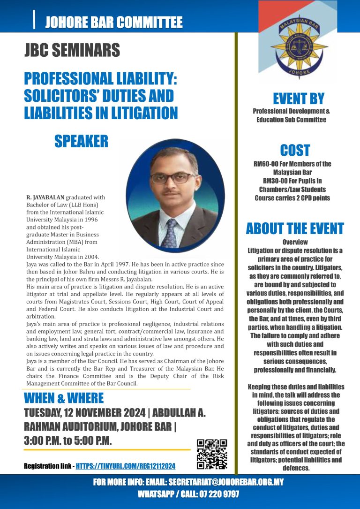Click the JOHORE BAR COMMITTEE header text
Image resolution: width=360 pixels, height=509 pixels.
[113, 22]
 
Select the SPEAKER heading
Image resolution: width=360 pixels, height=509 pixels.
[81, 141]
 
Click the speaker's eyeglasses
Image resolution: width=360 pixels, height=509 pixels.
[173, 178]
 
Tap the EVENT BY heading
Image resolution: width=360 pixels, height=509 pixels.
[299, 99]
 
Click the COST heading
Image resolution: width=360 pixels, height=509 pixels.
[295, 150]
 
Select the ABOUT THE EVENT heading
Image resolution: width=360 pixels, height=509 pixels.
[295, 228]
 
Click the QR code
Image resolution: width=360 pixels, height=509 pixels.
[212, 454]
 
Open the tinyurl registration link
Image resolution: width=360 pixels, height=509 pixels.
[125, 466]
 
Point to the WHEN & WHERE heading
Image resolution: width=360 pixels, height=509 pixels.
[63, 398]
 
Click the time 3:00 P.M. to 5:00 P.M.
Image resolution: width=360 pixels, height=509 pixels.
[67, 441]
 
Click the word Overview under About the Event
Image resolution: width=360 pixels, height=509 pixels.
[295, 242]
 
